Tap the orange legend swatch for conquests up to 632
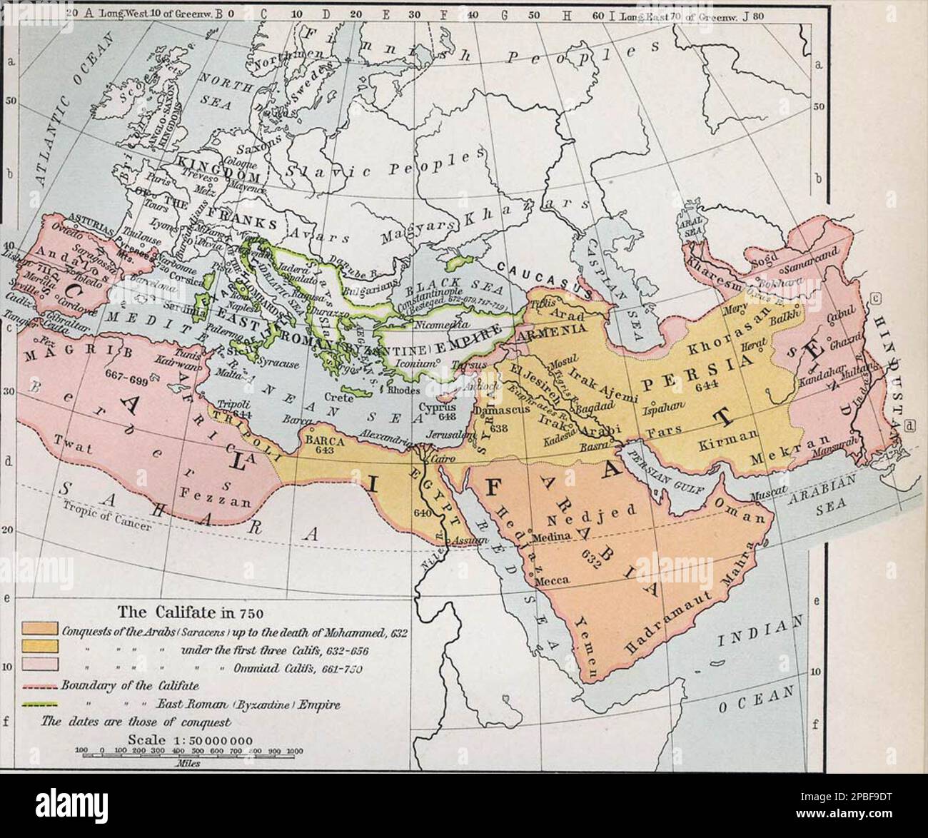[x=39, y=630]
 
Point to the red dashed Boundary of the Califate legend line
[x=39, y=687]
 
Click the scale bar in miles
[x=189, y=752]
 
